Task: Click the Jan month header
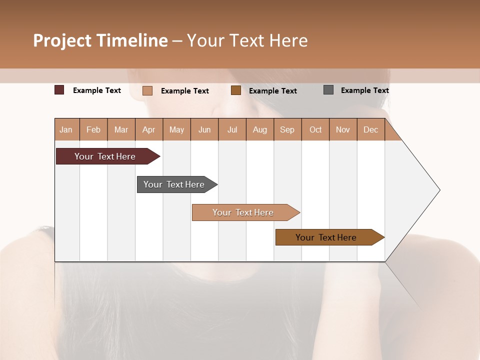(66, 129)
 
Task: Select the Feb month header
(93, 129)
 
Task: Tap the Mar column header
(121, 129)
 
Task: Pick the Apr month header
(149, 129)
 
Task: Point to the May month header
(176, 129)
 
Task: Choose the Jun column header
(204, 129)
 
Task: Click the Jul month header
(232, 129)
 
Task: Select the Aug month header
(260, 129)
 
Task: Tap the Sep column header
(287, 129)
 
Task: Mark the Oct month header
(315, 129)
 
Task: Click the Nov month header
(343, 129)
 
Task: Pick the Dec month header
(370, 129)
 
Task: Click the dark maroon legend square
(59, 90)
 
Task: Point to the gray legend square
(328, 90)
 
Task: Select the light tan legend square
(147, 90)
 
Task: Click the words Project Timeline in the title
(100, 40)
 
